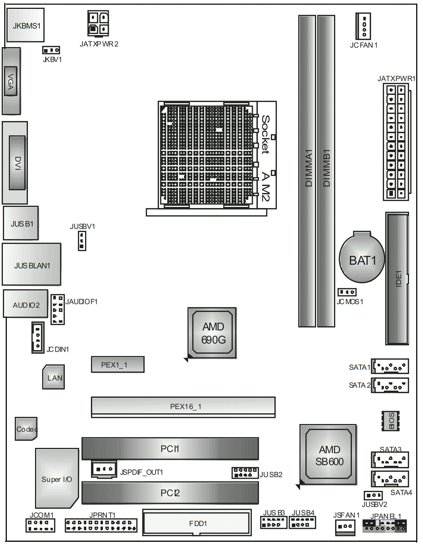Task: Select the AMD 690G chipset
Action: pos(212,333)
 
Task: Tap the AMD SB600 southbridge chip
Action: pos(328,455)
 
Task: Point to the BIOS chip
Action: pos(390,421)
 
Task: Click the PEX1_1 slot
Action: pos(118,365)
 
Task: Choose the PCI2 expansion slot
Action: pos(170,493)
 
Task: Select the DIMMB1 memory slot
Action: pos(326,171)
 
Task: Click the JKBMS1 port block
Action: pos(25,25)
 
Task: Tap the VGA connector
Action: pos(11,81)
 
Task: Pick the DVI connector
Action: pos(15,163)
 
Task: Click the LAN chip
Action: pos(53,377)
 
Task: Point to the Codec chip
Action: pos(26,429)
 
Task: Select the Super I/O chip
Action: pos(57,478)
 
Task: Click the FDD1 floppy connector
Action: pos(197,523)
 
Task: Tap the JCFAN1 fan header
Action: pos(363,26)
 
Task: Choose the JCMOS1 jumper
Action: pos(347,292)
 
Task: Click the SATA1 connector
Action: pos(390,366)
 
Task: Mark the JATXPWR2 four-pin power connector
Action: pos(98,23)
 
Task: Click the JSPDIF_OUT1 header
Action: pos(104,469)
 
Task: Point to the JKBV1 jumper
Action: pos(51,50)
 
